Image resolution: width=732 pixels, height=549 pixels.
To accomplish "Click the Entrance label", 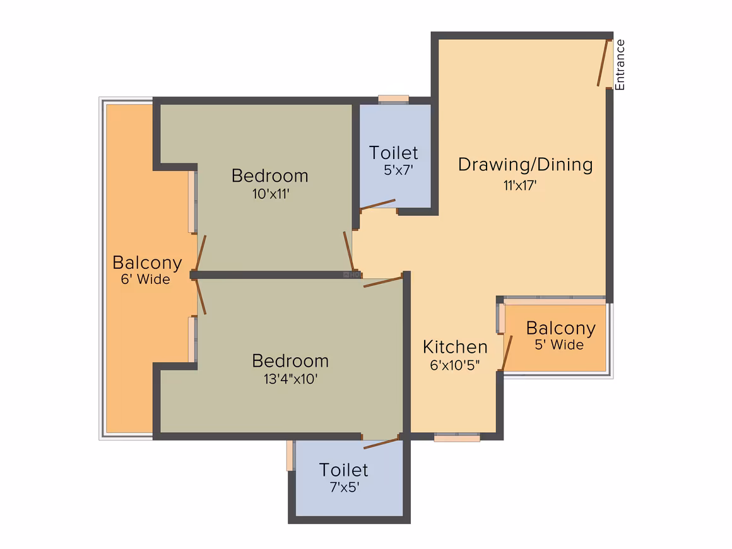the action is click(x=620, y=65).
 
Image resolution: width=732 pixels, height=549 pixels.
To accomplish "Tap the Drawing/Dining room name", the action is click(x=525, y=164).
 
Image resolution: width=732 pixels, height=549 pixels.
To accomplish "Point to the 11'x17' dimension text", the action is click(x=520, y=186).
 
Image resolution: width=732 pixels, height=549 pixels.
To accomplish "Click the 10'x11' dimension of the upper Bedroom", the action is click(x=271, y=194).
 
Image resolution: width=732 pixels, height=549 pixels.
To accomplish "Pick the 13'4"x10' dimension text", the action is click(x=290, y=379).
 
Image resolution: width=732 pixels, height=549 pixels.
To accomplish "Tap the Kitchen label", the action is click(x=455, y=347).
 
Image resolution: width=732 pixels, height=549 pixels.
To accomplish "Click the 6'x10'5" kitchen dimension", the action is click(x=455, y=365).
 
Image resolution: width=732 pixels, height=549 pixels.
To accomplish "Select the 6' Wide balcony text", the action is click(x=146, y=279).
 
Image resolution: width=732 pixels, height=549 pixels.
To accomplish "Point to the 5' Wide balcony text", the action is click(x=559, y=345).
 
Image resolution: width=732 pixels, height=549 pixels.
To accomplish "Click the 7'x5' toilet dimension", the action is click(x=345, y=487).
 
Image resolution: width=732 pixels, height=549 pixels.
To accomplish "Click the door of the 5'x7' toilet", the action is click(x=377, y=204).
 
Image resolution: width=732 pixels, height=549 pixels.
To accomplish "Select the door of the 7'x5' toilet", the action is click(x=381, y=443).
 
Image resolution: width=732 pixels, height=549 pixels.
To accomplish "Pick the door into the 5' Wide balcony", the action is click(x=507, y=353).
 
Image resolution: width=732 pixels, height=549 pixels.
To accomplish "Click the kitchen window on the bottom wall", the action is click(x=457, y=437).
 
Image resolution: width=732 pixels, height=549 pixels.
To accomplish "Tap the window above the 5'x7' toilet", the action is click(x=394, y=100).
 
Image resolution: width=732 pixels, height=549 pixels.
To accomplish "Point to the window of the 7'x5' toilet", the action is click(x=291, y=456).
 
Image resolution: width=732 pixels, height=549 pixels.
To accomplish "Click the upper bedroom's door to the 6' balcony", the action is click(x=201, y=253).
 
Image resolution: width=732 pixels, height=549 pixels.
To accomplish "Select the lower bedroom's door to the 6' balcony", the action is click(x=201, y=297).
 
